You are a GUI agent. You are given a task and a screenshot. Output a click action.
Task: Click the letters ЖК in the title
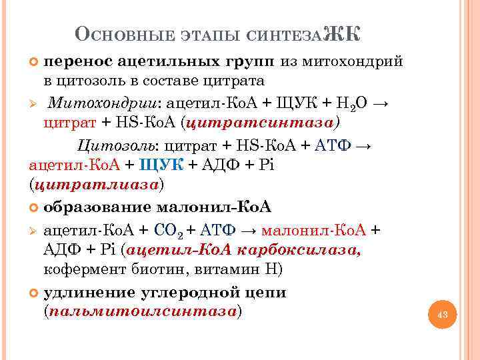point(341,33)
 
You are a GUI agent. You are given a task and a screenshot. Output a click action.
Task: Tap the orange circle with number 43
point(441,313)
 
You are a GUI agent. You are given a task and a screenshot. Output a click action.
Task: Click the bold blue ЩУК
point(161,164)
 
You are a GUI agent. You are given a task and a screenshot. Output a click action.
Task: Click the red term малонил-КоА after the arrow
point(314,230)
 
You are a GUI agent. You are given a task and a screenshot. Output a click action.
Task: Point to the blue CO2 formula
point(168,231)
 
